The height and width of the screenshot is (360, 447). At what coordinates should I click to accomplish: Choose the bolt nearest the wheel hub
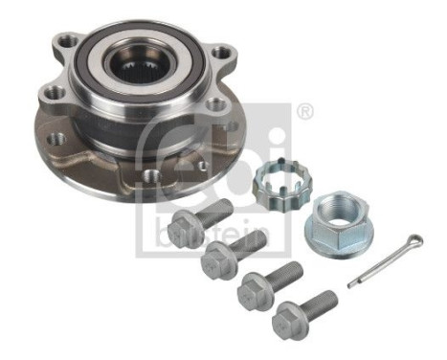pos(197,223)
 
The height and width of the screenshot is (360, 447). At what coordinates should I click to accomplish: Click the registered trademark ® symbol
pos(305,113)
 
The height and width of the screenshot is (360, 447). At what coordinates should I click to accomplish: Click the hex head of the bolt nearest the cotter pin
pos(286,320)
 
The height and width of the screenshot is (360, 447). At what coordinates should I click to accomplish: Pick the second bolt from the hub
pos(231,252)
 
